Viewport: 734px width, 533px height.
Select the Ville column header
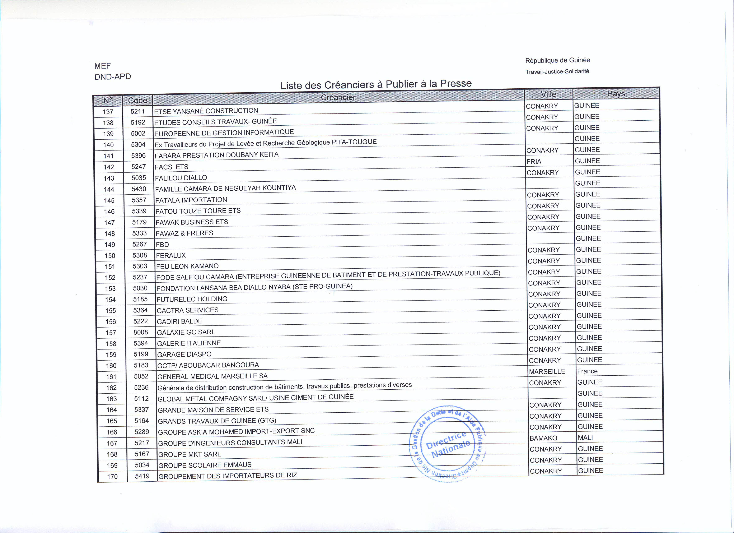[x=548, y=94]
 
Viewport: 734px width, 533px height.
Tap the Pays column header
[x=616, y=94]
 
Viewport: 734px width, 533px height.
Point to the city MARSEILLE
[x=547, y=371]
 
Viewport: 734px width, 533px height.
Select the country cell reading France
[x=587, y=371]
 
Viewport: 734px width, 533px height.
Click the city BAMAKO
[x=543, y=438]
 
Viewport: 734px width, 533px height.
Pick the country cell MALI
[x=585, y=438]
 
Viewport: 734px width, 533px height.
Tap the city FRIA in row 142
[x=534, y=162]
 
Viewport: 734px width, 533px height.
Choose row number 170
[x=112, y=477]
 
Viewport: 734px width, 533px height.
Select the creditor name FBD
[x=163, y=245]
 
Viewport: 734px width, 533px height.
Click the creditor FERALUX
[x=171, y=255]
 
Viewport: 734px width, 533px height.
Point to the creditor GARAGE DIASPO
[x=184, y=354]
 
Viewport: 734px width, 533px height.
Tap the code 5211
[x=137, y=111]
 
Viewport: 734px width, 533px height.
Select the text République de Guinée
[x=557, y=60]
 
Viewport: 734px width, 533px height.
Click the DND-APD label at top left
[x=113, y=77]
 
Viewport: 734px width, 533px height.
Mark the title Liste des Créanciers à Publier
[x=376, y=84]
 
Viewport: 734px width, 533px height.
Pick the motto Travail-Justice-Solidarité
[x=557, y=71]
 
